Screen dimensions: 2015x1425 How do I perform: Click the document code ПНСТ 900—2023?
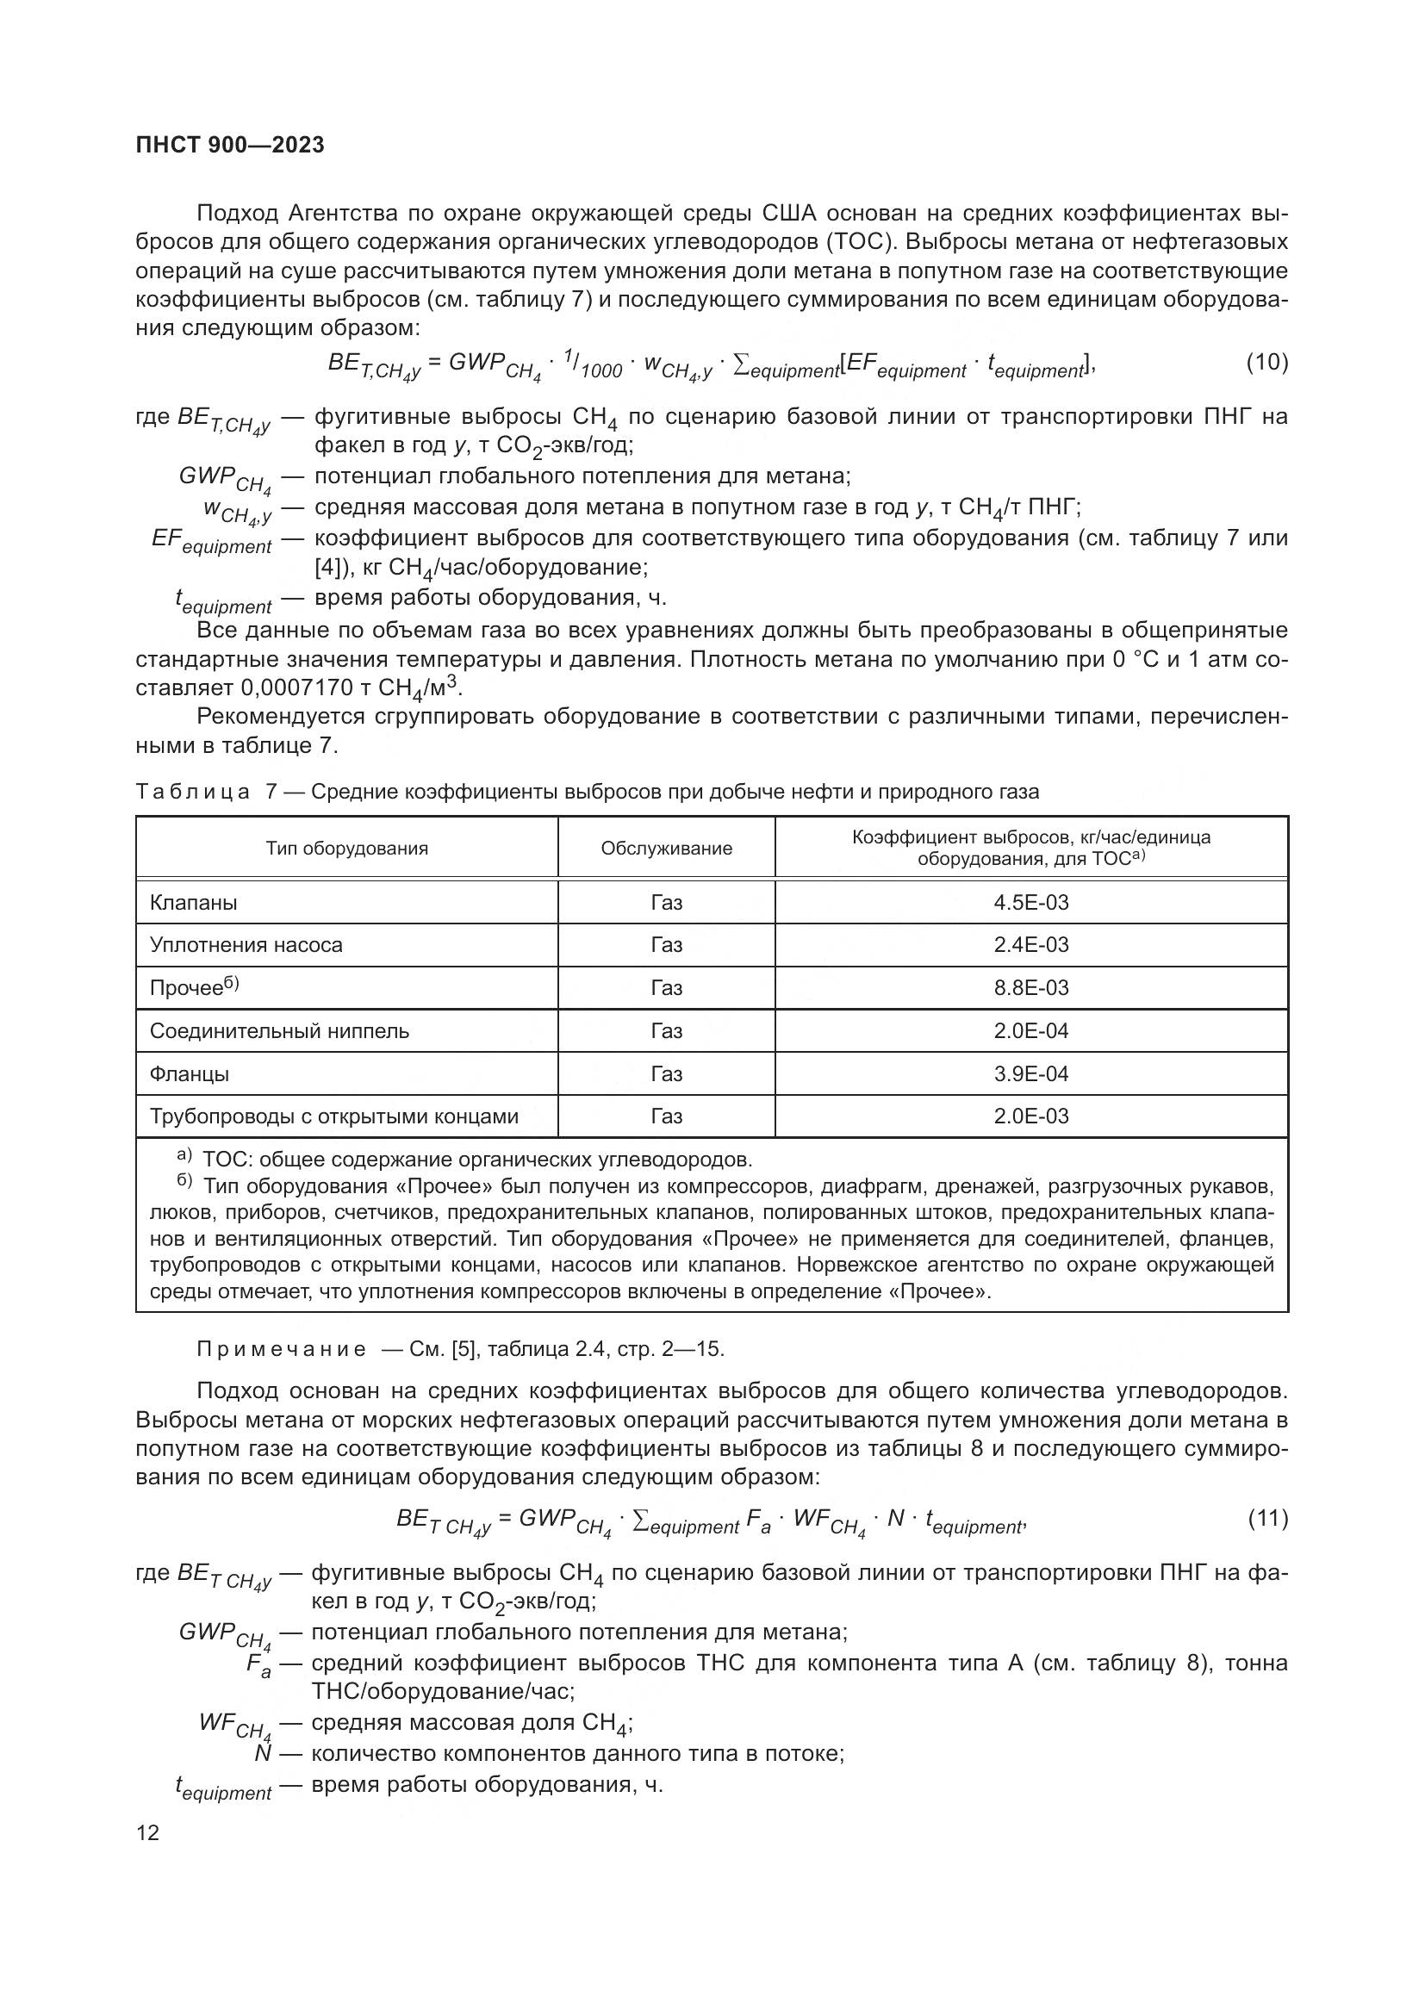point(230,146)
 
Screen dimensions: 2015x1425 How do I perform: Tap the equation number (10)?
point(1267,363)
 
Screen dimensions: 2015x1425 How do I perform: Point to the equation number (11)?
point(1268,1518)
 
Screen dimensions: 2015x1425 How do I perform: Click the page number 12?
point(148,1832)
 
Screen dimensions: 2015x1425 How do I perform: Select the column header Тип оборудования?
point(346,849)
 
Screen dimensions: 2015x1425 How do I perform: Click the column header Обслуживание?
point(666,849)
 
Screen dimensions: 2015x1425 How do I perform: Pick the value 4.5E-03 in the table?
point(1031,902)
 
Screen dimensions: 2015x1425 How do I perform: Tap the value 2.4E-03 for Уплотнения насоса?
point(1031,945)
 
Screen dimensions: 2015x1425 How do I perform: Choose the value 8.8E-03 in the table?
point(1031,988)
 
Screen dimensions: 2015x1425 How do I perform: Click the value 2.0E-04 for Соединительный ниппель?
point(1031,1031)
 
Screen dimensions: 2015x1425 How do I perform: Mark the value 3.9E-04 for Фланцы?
point(1031,1074)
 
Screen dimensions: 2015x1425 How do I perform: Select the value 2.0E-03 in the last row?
point(1031,1116)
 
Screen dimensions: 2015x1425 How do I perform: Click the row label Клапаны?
point(194,902)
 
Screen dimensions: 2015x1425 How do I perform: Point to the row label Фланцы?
point(190,1074)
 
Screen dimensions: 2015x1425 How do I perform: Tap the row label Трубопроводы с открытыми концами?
point(334,1116)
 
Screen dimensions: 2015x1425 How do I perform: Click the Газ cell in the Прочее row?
point(666,988)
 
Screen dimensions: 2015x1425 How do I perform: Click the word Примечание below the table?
point(282,1349)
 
